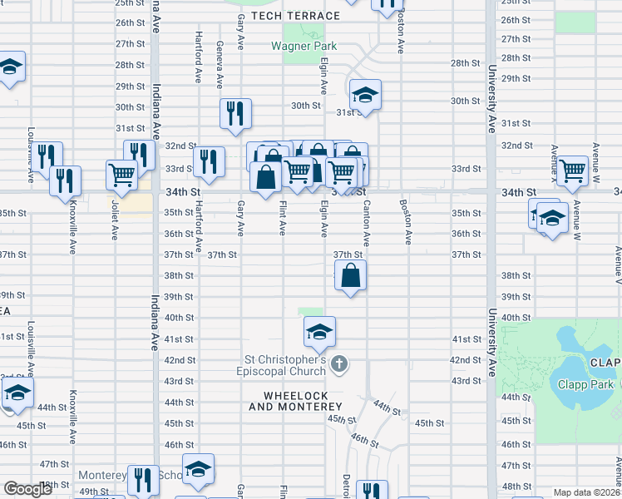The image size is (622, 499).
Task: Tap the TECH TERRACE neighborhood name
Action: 295,16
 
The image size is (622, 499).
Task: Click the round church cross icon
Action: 338,363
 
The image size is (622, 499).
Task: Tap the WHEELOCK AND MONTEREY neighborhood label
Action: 295,401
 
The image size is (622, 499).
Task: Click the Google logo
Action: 27,489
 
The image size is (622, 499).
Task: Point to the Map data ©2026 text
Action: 586,492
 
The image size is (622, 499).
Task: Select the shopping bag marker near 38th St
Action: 351,275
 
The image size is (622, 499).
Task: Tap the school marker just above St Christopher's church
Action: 319,333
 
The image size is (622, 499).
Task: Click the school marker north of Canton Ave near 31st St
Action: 364,96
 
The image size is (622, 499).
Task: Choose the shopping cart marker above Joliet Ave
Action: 121,175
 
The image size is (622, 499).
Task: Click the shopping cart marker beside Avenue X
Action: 572,170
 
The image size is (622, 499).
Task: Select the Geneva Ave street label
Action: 220,65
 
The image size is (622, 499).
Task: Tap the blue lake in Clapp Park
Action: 579,366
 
